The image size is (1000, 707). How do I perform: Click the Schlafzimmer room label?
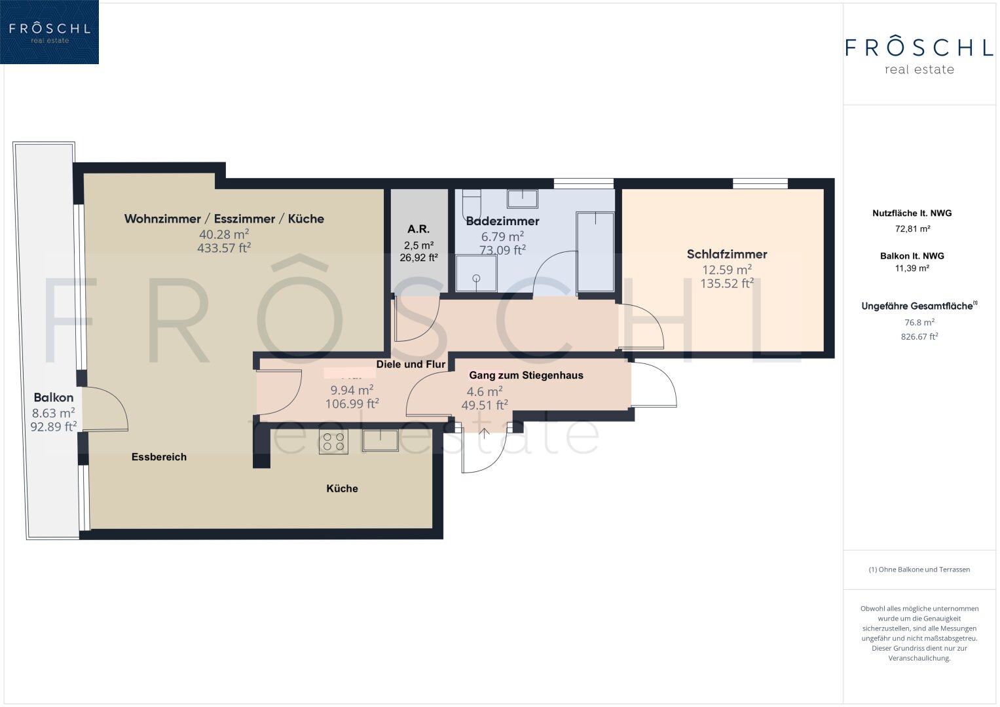tap(727, 255)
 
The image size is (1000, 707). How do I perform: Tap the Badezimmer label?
tap(502, 221)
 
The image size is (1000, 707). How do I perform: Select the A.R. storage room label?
tap(418, 229)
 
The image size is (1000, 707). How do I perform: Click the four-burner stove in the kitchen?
tap(333, 441)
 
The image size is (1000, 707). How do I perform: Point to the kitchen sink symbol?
tap(380, 441)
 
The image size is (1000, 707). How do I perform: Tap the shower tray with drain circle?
tap(476, 273)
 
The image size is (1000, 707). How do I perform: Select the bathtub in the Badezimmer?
tap(595, 253)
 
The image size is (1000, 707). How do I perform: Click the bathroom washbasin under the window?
tap(523, 198)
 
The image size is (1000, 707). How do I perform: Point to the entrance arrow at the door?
tap(485, 433)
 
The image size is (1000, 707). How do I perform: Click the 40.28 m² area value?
tap(224, 234)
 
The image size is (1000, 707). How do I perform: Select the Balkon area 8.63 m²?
tap(53, 413)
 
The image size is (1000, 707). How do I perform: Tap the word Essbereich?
tap(159, 457)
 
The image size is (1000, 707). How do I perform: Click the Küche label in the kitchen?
tap(342, 489)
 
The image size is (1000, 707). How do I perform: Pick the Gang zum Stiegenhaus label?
tap(526, 375)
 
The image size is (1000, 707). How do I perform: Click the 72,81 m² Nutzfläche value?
tap(912, 229)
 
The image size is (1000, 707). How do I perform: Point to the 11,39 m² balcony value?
tap(912, 268)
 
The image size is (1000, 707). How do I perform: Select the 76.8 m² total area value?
tap(919, 322)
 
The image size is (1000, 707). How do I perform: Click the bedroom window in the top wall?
tap(760, 183)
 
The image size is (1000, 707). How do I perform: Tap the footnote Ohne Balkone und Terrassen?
tap(919, 570)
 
